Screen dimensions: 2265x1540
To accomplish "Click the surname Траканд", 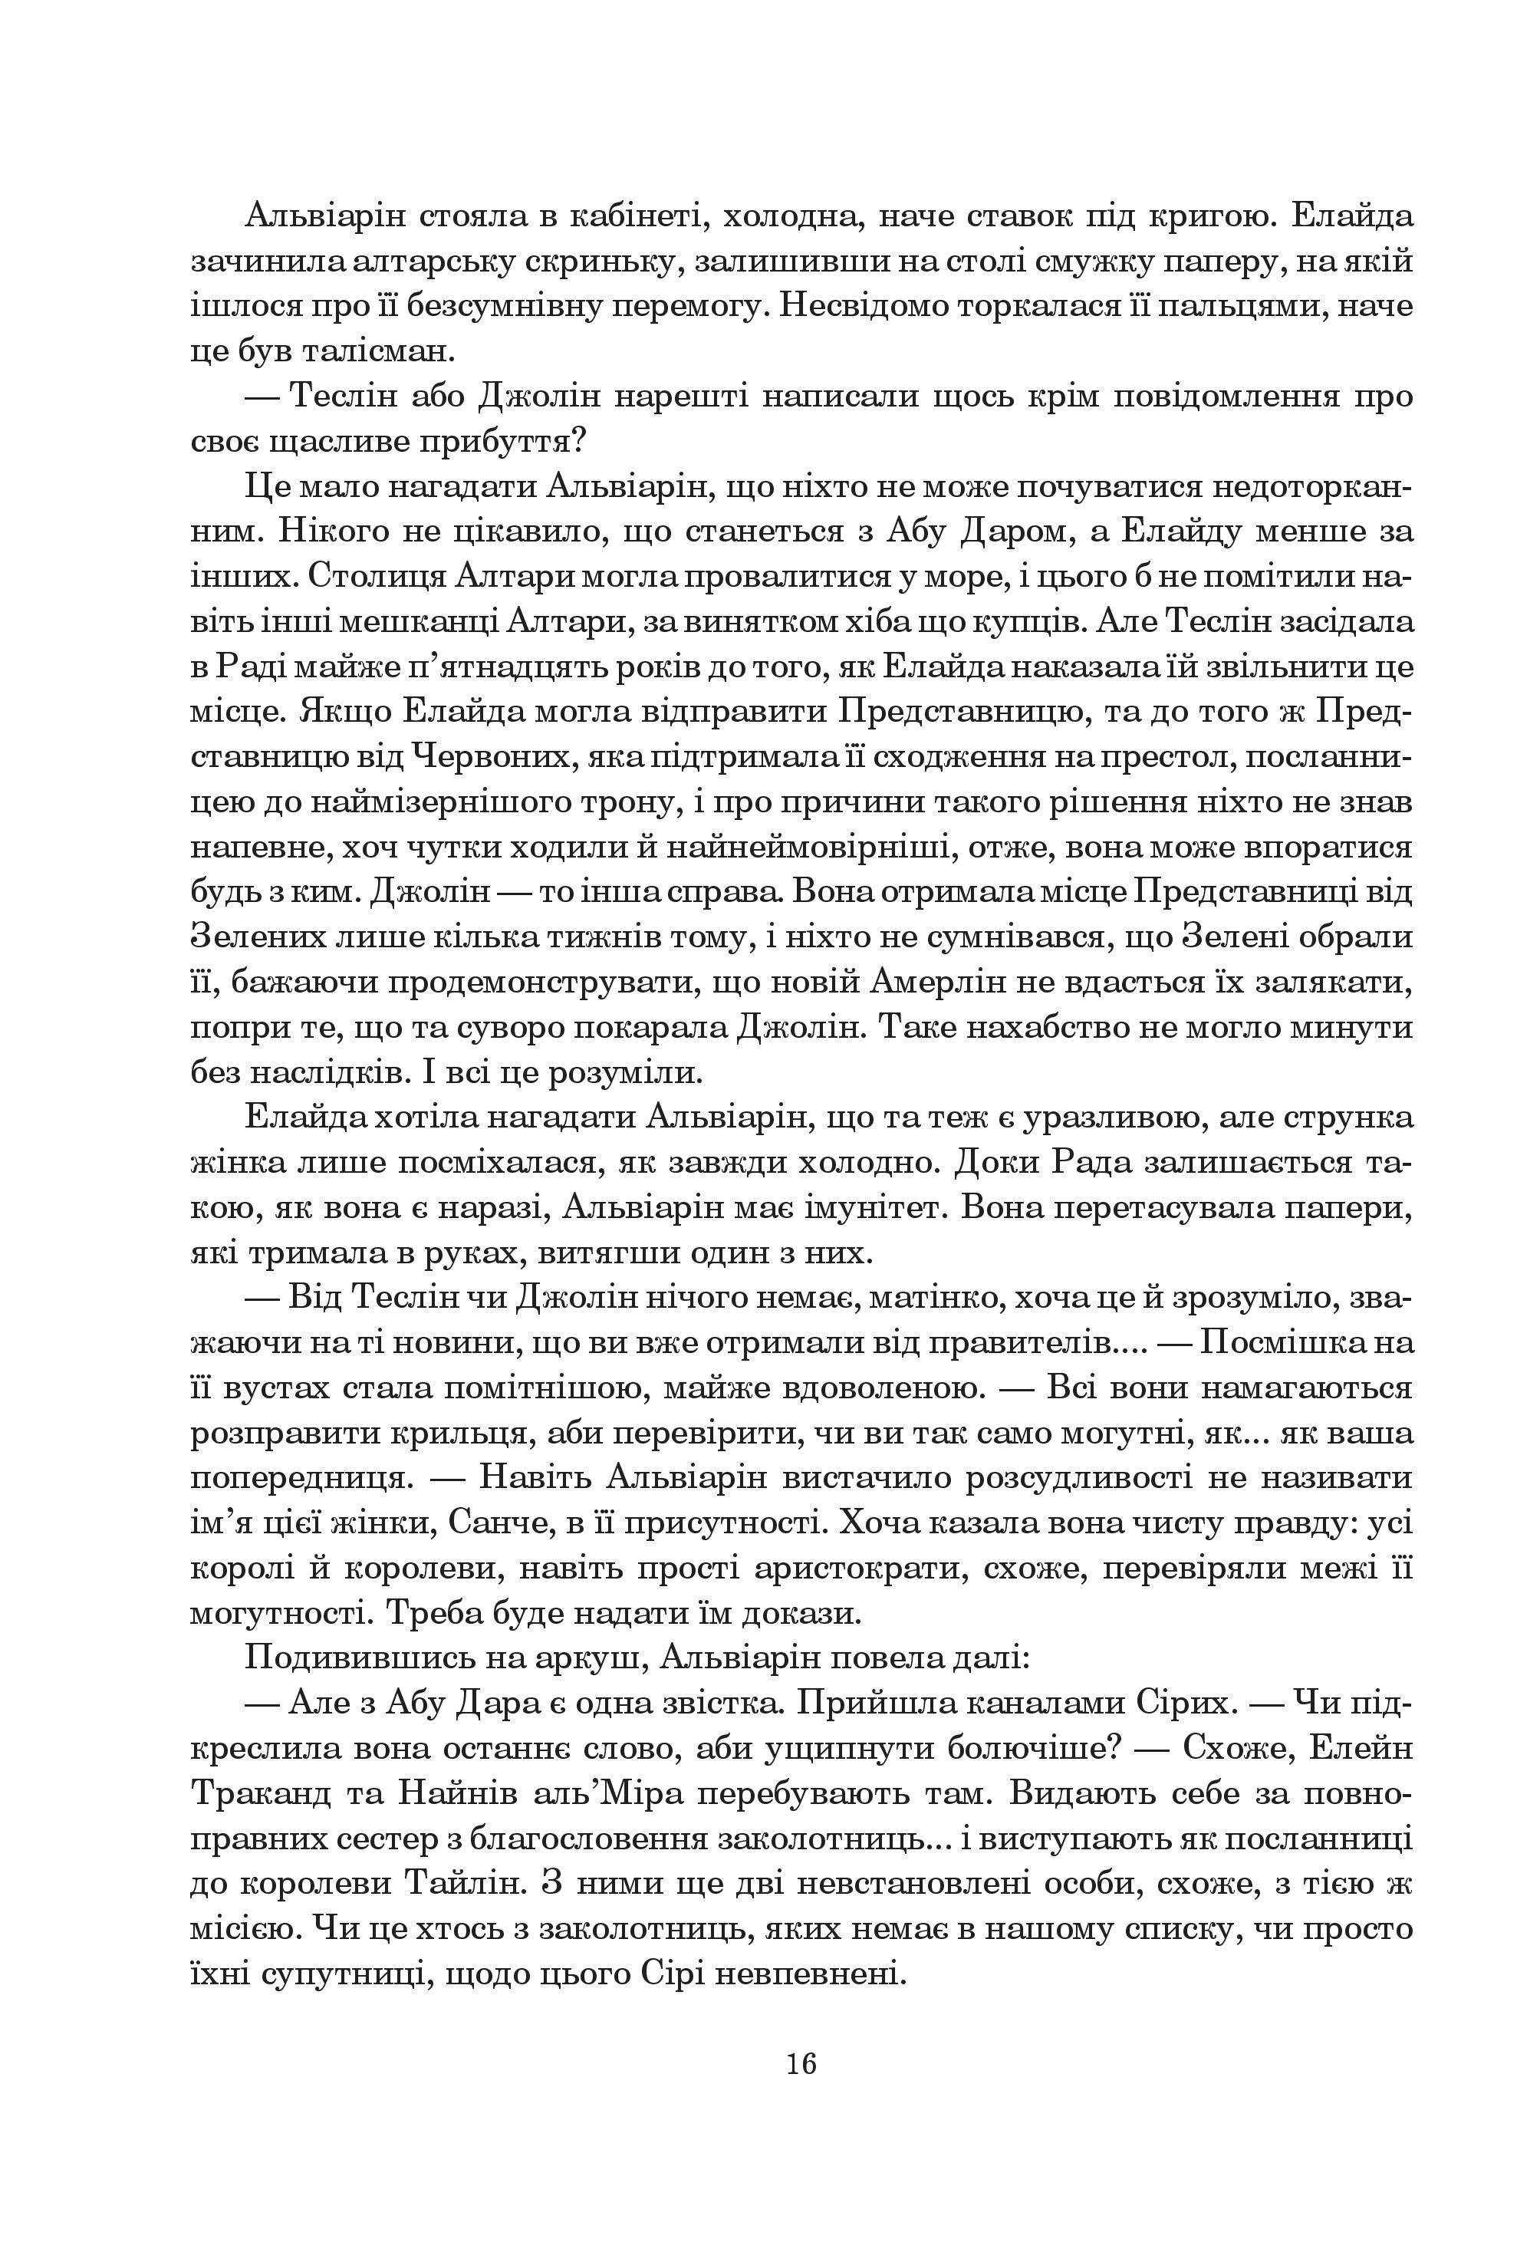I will [255, 1796].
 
